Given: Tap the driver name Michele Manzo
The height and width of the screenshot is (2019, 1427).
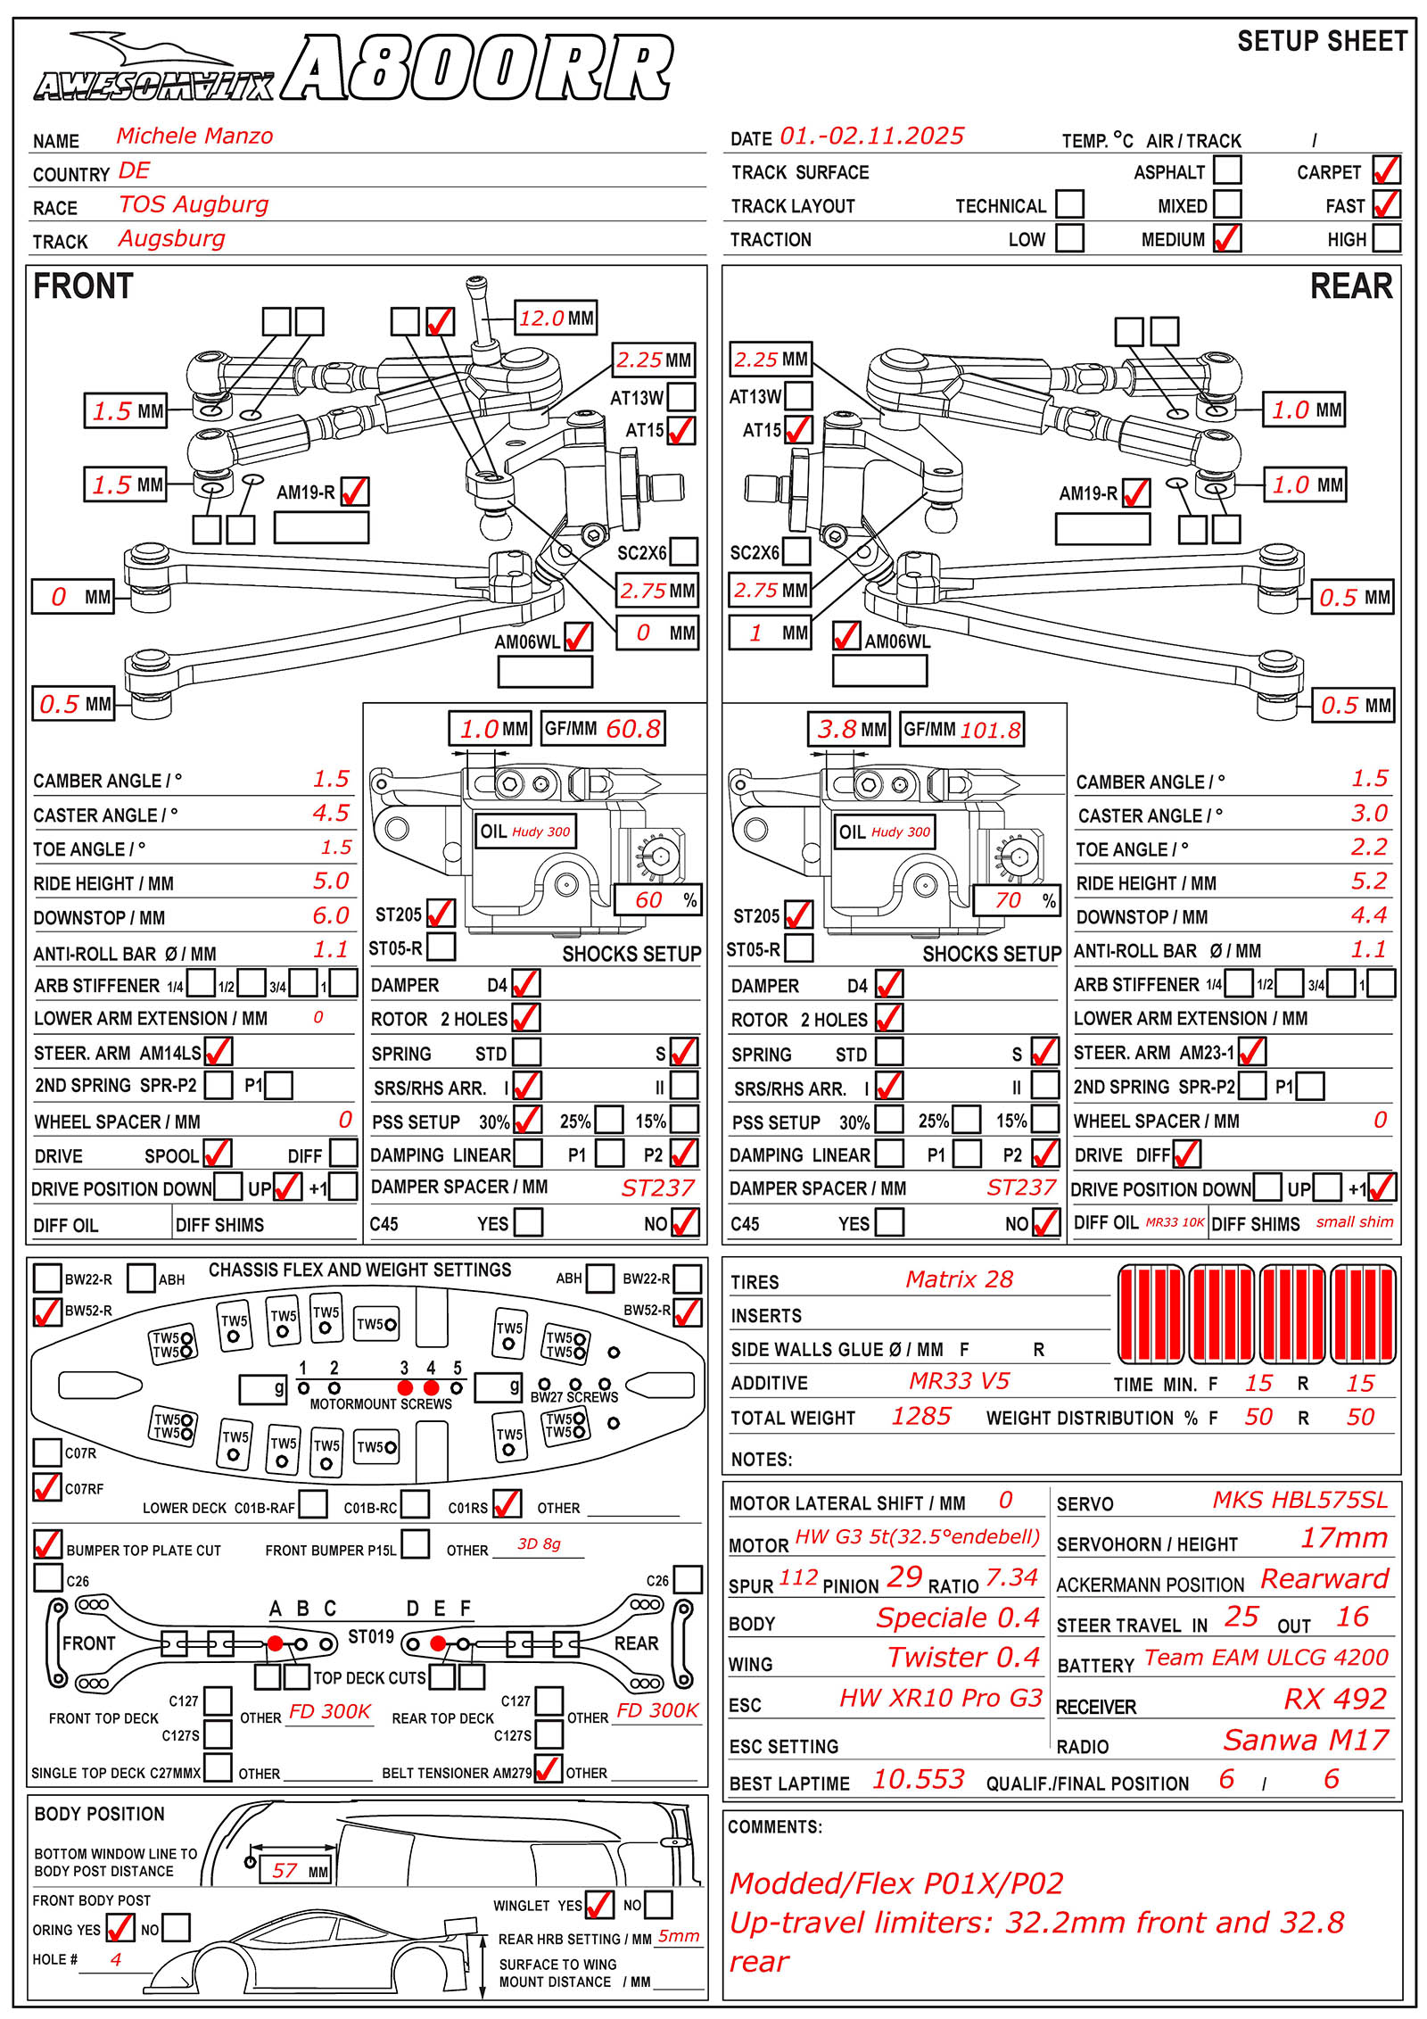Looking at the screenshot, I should (194, 137).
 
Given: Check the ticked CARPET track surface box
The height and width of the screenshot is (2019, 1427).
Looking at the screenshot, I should (1386, 170).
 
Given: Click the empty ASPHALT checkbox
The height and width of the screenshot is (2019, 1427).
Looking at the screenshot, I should (1227, 170).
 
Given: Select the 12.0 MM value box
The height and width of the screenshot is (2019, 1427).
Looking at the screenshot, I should (557, 318).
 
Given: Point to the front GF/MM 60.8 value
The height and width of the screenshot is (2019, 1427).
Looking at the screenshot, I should (633, 729).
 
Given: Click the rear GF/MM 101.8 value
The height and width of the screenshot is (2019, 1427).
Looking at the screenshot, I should (989, 730).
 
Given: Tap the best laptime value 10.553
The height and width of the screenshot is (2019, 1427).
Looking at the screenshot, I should (918, 1779).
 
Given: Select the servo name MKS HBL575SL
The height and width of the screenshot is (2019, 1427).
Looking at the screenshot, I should (1299, 1500).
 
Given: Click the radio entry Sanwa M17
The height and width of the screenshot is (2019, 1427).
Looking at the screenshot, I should (1306, 1739).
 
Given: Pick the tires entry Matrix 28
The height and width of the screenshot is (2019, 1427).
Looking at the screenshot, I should (959, 1279).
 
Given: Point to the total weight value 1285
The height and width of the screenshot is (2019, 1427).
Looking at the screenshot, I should (921, 1416).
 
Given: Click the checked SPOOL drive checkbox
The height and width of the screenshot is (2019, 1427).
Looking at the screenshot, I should (217, 1153).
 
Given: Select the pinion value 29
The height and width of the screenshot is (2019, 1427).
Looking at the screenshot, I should (904, 1576).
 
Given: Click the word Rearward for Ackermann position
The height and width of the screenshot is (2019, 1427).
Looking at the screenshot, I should (1324, 1578).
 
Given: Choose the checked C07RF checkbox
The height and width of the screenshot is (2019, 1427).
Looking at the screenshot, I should (46, 1487).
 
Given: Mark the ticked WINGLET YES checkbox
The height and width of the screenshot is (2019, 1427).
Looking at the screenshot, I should (598, 1905).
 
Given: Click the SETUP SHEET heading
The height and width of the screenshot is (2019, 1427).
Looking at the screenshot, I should (1322, 42).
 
